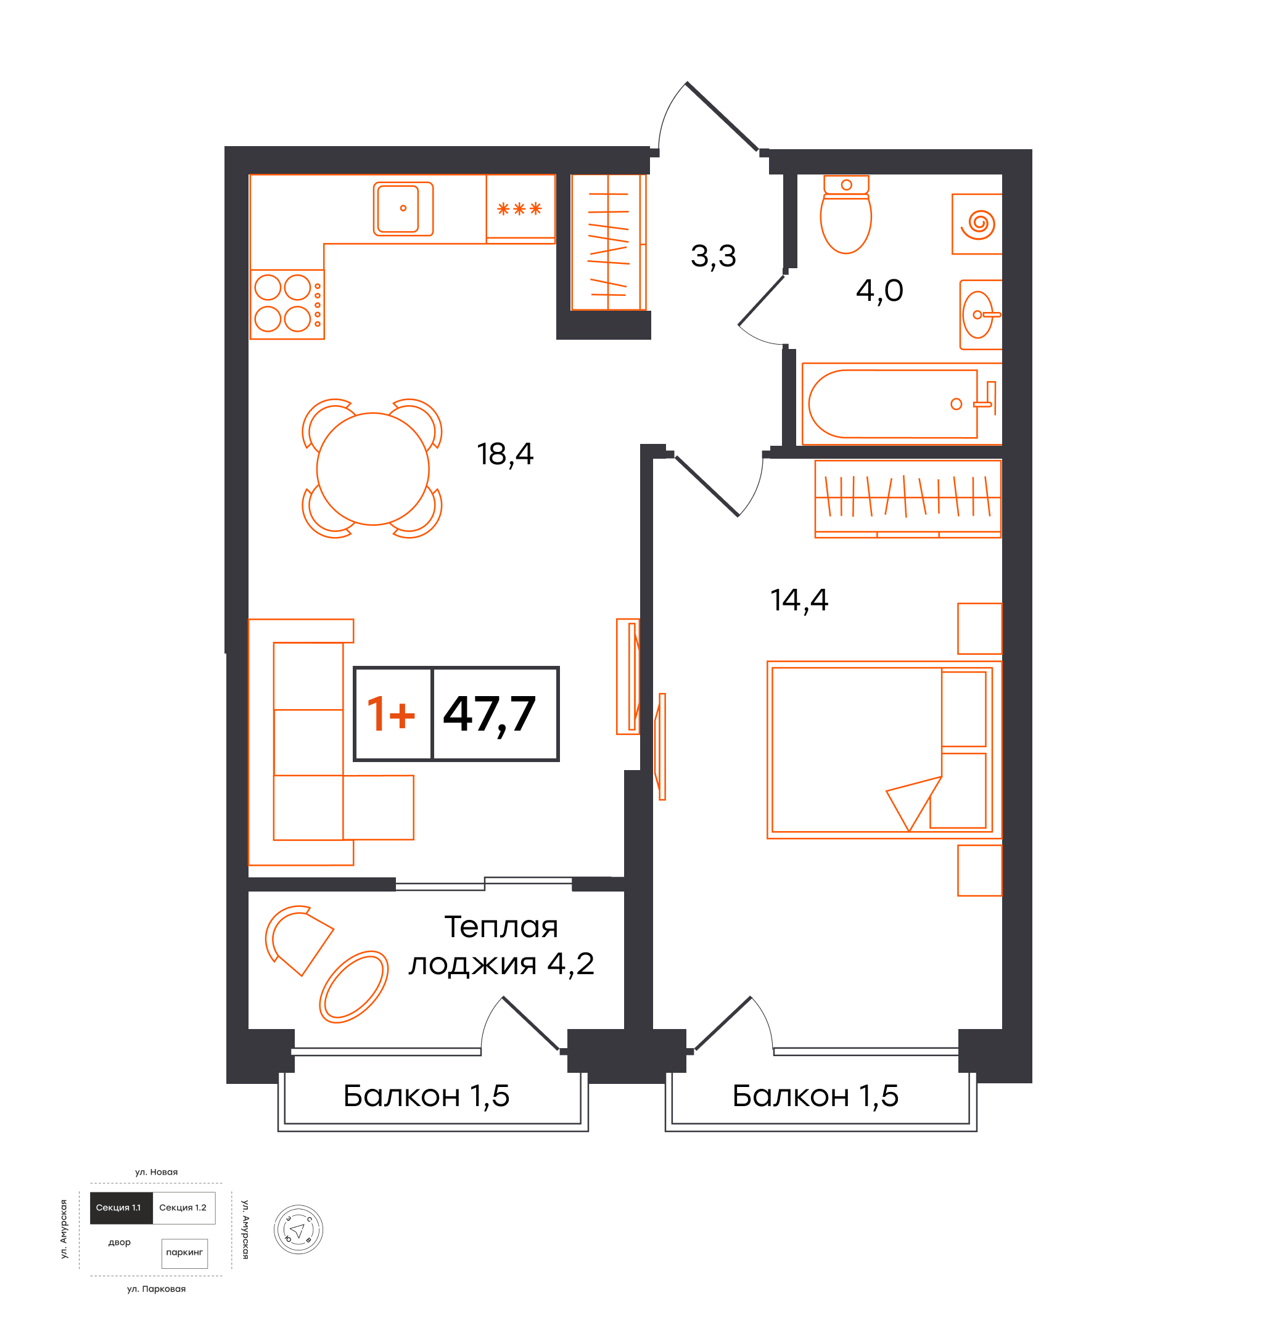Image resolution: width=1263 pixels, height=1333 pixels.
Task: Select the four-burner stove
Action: tap(287, 305)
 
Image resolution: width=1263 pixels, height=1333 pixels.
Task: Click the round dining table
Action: tap(373, 469)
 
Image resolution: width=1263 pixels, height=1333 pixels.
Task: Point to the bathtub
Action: tap(893, 404)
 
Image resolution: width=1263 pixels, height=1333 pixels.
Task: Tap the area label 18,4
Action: tap(505, 454)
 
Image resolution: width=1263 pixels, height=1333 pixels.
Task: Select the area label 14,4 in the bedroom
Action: tap(799, 601)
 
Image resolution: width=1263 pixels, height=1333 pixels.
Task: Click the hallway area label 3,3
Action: tap(714, 256)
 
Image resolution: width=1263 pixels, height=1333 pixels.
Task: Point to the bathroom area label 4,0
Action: tap(879, 291)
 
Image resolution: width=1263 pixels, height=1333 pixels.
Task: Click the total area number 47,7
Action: tap(490, 715)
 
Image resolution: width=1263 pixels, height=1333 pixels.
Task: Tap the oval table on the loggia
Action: tap(353, 987)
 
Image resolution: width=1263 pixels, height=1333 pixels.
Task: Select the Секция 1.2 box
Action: tap(184, 1208)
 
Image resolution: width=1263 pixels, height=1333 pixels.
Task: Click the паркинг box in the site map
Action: tap(184, 1253)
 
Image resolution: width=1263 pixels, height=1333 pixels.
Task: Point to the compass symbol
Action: tap(298, 1229)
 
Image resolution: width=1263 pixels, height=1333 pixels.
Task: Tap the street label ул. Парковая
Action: tap(156, 1289)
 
